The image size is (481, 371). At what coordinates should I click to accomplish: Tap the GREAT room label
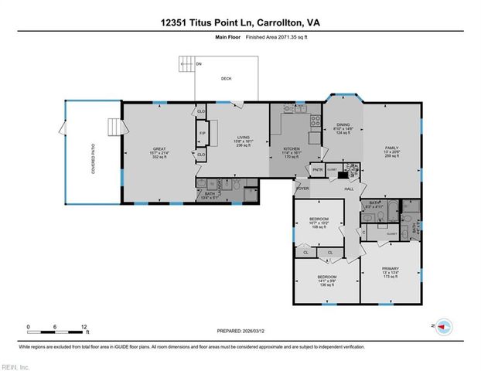pos(160,151)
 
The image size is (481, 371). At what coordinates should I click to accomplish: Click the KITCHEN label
pos(292,151)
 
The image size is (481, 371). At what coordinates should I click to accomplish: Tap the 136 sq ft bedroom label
pos(326,277)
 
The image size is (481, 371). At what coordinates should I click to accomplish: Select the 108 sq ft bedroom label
pos(319,220)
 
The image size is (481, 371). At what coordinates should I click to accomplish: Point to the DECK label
pos(227,78)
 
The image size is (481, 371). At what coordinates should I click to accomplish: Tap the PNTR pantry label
pos(317,169)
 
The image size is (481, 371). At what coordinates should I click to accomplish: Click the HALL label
pos(349,188)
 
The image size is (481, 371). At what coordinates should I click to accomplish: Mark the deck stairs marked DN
pos(186,63)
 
